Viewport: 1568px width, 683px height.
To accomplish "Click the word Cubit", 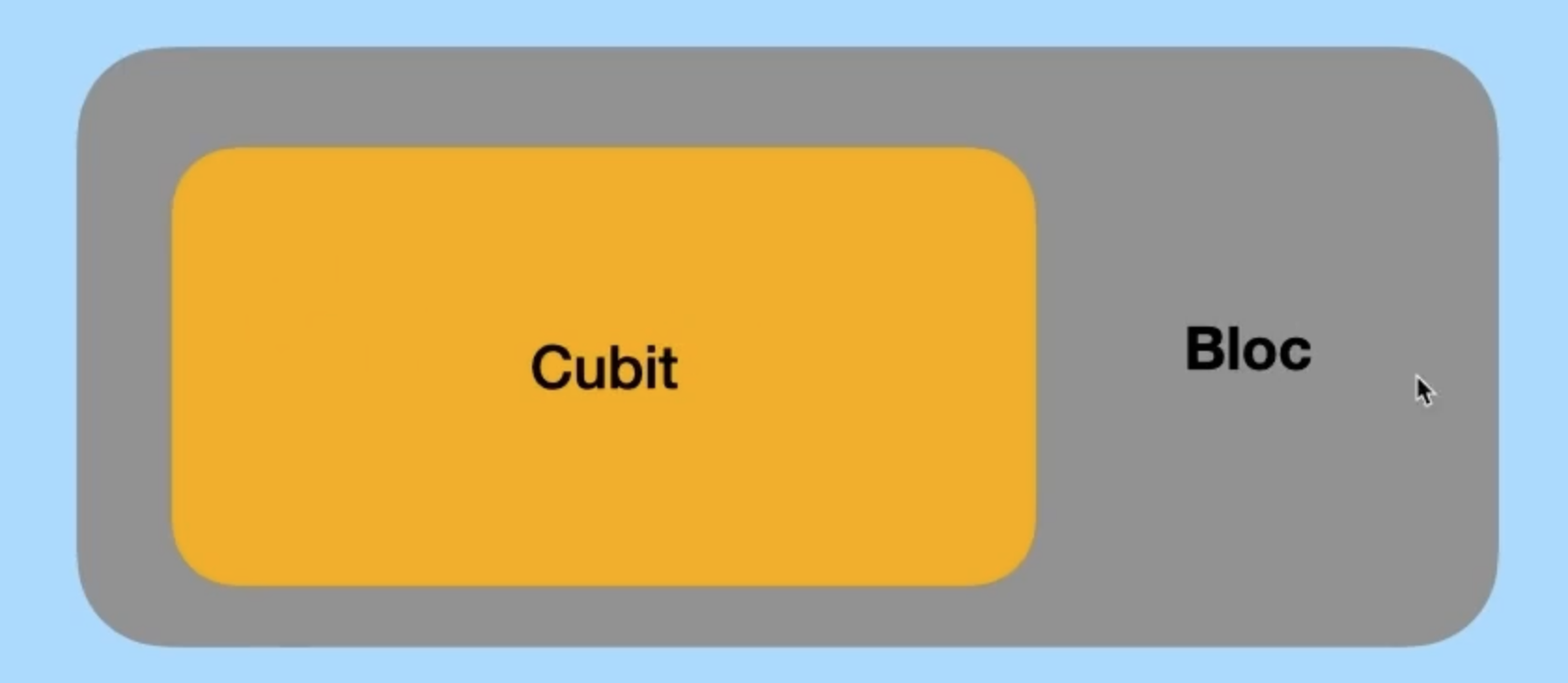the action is pyautogui.click(x=604, y=368).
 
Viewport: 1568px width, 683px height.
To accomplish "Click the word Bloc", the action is pyautogui.click(x=1248, y=350).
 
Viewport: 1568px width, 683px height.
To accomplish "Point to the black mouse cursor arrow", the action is pyautogui.click(x=1424, y=390).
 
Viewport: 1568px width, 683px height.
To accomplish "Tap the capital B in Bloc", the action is pyautogui.click(x=1205, y=350).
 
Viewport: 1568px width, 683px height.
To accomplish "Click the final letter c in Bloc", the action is pyautogui.click(x=1296, y=355).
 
